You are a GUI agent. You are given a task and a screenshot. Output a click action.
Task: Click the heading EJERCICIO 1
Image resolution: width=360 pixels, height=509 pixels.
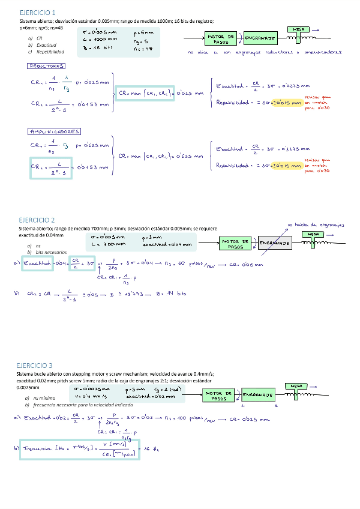(37, 12)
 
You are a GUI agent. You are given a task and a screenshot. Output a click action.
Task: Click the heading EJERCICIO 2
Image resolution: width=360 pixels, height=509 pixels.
(37, 220)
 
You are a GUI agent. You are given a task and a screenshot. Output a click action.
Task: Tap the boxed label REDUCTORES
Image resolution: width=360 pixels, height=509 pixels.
(46, 66)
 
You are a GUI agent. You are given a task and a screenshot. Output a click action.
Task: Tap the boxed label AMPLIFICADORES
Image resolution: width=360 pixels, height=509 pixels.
(54, 131)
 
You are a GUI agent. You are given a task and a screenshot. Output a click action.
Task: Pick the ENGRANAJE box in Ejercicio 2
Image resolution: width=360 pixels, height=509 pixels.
(275, 243)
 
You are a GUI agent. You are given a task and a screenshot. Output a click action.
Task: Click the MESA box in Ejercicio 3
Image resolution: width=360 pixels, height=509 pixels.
(296, 386)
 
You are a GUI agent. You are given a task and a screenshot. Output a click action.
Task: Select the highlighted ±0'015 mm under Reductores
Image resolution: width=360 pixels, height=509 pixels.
(286, 102)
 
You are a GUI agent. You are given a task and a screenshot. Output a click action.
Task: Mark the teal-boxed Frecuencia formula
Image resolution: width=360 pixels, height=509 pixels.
(80, 450)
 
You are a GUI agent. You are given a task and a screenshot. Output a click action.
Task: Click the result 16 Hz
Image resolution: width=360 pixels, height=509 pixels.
(151, 450)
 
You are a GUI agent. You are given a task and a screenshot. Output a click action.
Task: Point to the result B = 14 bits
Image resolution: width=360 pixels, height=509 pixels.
(173, 294)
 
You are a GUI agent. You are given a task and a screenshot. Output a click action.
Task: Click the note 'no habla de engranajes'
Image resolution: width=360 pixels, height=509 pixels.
(316, 224)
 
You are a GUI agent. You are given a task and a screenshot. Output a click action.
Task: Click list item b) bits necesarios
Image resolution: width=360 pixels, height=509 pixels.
(47, 253)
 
